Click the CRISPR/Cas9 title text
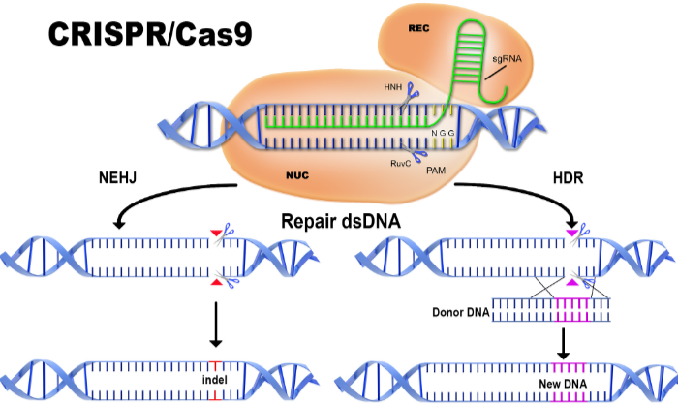[150, 34]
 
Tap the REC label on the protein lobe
[418, 28]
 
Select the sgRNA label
[507, 58]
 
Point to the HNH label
[392, 87]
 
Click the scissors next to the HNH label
[409, 97]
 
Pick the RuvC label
[400, 163]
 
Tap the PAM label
[436, 171]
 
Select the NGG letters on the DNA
[443, 133]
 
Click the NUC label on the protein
[297, 175]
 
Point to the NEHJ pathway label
[117, 177]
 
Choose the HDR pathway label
[568, 178]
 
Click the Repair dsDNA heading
[341, 221]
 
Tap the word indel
[215, 380]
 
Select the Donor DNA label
[460, 312]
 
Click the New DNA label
[563, 384]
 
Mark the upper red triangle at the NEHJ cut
[216, 234]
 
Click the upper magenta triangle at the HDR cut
[572, 234]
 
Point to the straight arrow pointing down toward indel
[215, 324]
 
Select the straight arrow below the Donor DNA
[563, 344]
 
